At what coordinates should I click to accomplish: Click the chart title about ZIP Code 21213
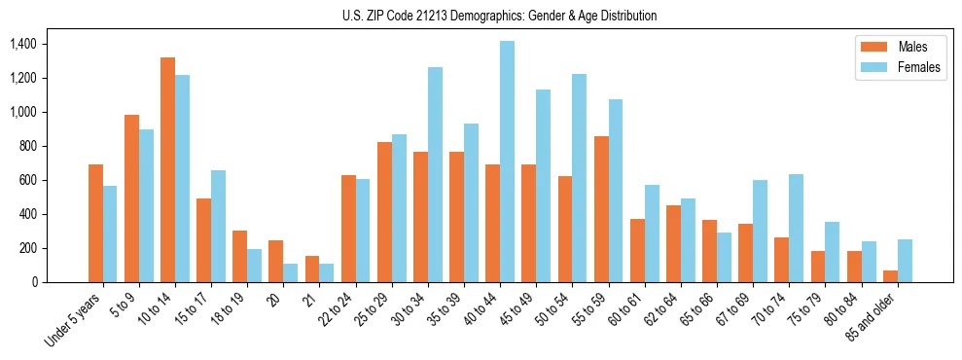coord(499,16)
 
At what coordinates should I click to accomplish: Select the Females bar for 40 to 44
coord(507,162)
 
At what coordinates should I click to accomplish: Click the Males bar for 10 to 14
coord(167,169)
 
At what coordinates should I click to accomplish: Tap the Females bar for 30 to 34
coord(435,175)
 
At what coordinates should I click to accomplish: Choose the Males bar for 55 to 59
coord(601,209)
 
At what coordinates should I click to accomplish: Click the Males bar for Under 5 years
coord(95,224)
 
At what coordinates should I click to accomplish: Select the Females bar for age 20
coord(290,272)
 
